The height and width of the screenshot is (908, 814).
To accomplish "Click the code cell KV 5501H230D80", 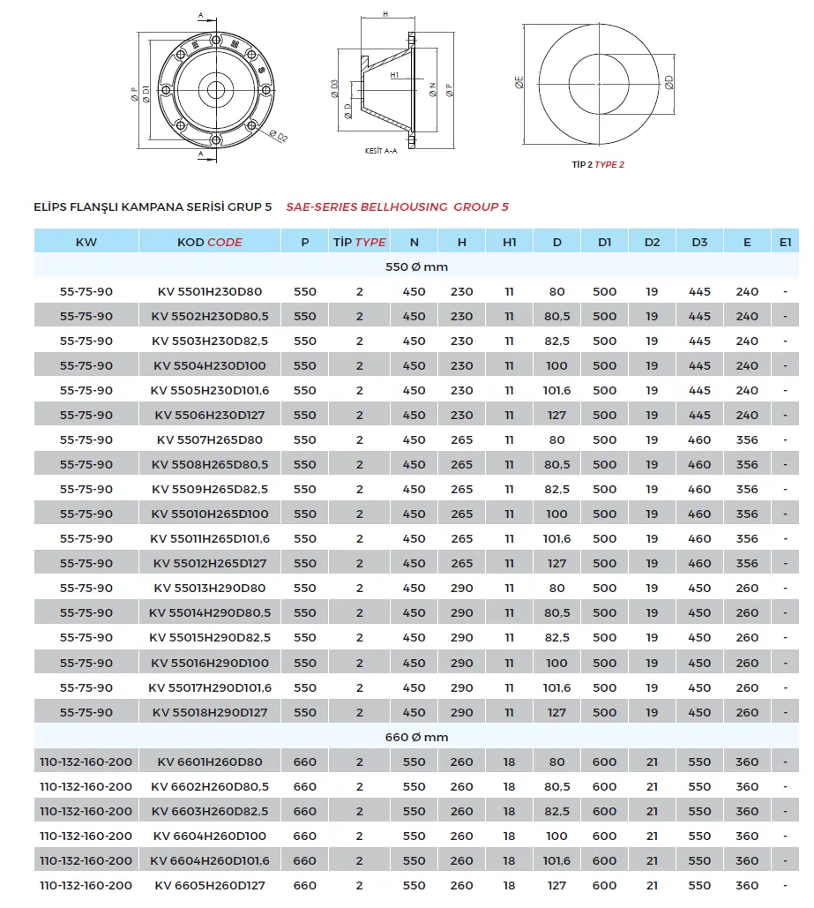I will point(210,291).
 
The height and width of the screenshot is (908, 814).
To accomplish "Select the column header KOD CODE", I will point(210,242).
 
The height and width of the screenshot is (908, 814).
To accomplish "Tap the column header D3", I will point(699,242).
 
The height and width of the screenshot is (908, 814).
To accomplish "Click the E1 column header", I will point(786,242).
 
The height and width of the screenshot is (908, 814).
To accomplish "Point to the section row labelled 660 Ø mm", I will point(417,737).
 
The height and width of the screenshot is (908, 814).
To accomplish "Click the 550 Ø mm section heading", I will point(417,266).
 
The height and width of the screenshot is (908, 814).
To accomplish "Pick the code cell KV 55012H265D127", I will point(210,563).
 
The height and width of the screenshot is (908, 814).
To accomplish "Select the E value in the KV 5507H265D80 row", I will point(747,439).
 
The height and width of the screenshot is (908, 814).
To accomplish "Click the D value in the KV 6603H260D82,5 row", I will point(556,811).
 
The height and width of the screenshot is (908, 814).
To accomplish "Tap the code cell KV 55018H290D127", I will point(210,712).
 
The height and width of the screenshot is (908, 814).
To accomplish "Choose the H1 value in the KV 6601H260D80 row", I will point(509,762).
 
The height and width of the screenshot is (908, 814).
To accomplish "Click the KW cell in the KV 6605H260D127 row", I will point(86,885).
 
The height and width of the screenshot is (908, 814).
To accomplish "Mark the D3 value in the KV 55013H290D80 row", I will point(699,588).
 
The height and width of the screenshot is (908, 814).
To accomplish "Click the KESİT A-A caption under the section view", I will point(381,151).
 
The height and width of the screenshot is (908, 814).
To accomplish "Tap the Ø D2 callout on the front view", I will point(278,136).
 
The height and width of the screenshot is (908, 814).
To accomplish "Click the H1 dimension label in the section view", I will point(395,75).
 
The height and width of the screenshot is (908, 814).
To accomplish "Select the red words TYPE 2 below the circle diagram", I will point(609,165).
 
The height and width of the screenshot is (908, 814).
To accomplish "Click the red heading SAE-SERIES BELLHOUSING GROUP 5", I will point(398,207).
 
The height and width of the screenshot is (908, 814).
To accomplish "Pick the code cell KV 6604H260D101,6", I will point(210,860).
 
